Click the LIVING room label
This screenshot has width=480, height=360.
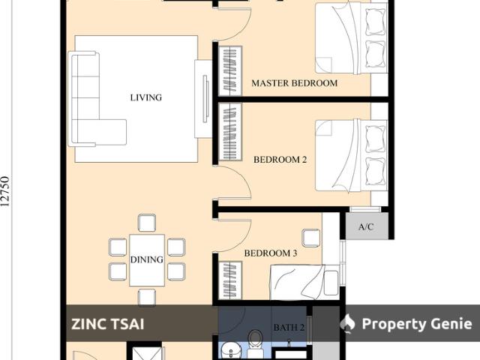click(x=146, y=97)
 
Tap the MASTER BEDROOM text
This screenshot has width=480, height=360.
click(x=295, y=83)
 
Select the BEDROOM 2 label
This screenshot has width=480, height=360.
click(x=280, y=160)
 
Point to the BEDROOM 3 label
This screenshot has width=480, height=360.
click(x=271, y=253)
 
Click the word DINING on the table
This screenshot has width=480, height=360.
click(x=147, y=259)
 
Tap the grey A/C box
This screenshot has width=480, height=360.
click(x=367, y=226)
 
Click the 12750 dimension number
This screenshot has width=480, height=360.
click(x=5, y=192)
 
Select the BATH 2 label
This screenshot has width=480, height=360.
click(x=289, y=328)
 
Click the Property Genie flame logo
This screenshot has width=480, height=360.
click(x=348, y=323)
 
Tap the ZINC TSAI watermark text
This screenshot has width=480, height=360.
click(x=108, y=324)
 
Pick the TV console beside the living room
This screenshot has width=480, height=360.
click(x=203, y=99)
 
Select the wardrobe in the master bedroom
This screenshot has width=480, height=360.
click(x=230, y=71)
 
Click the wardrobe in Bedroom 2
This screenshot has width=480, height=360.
click(x=230, y=132)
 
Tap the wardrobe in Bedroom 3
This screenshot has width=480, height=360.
click(x=230, y=280)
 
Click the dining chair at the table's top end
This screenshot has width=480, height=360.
click(x=147, y=223)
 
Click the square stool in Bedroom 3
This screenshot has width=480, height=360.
click(x=311, y=238)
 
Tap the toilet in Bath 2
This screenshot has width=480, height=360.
click(x=254, y=340)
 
